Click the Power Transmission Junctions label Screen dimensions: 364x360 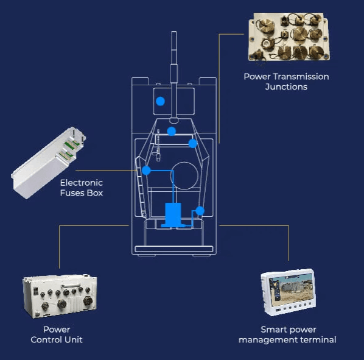pyautogui.click(x=286, y=82)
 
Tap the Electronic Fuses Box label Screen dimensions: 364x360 pyautogui.click(x=82, y=188)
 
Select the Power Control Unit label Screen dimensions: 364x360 pyautogui.click(x=57, y=334)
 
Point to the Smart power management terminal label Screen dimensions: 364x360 pyautogui.click(x=287, y=334)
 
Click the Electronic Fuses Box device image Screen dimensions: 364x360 pyautogui.click(x=48, y=163)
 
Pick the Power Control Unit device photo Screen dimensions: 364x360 pyautogui.click(x=60, y=297)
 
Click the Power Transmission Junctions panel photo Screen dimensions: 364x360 pyautogui.click(x=289, y=37)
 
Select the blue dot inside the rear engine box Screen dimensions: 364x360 pyautogui.click(x=161, y=101)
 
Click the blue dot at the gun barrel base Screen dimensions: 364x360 pyautogui.click(x=171, y=131)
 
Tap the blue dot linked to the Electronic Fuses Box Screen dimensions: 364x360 pyautogui.click(x=146, y=171)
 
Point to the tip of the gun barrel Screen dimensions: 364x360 pyautogui.click(x=174, y=32)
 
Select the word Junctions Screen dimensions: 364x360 pyautogui.click(x=286, y=86)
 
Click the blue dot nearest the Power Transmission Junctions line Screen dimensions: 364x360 pyautogui.click(x=193, y=144)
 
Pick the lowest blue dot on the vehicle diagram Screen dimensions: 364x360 pyautogui.click(x=200, y=211)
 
